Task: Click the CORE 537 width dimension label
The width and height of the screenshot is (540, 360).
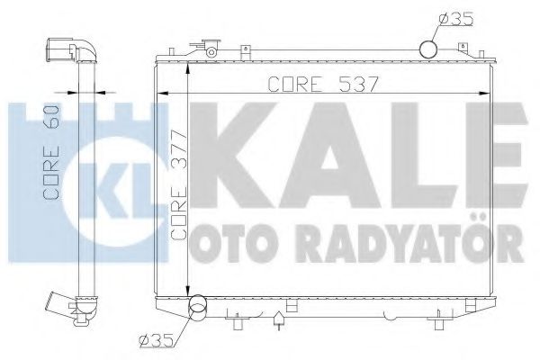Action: [x=319, y=85]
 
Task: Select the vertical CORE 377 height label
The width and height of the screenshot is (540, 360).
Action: [x=178, y=200]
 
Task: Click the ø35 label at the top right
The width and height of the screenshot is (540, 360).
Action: [x=454, y=17]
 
